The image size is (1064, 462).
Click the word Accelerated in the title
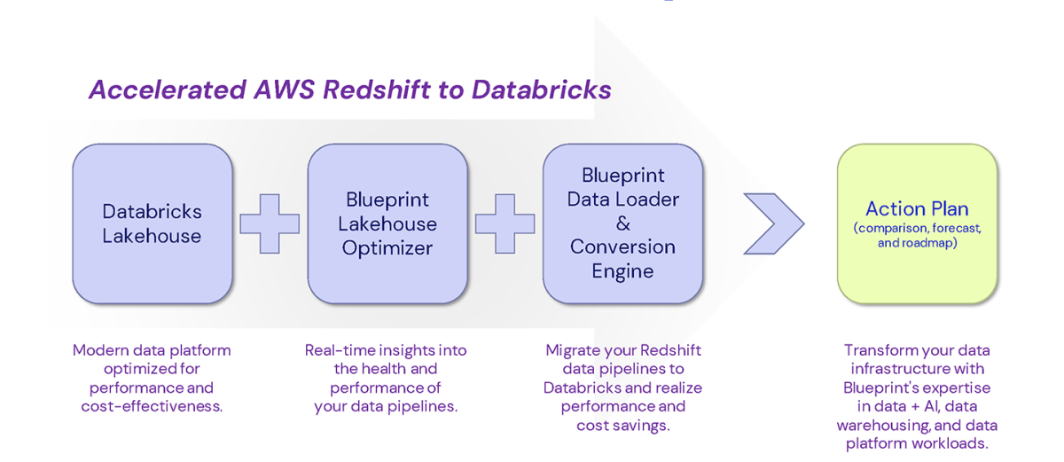(168, 90)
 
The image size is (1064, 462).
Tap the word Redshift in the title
(376, 90)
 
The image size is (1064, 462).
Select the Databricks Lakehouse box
(153, 223)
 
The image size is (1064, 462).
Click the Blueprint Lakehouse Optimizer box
(387, 223)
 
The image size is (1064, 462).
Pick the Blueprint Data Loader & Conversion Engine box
(622, 223)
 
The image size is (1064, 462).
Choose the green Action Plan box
(917, 223)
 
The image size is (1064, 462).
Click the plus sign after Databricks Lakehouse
(270, 223)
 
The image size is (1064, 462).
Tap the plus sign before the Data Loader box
(505, 223)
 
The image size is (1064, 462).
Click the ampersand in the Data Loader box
(623, 223)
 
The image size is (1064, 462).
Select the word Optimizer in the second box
(387, 248)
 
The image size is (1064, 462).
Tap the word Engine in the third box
(622, 271)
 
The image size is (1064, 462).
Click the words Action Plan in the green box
(917, 209)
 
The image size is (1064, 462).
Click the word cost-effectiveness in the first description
(152, 406)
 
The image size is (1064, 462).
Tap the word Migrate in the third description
(573, 350)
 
